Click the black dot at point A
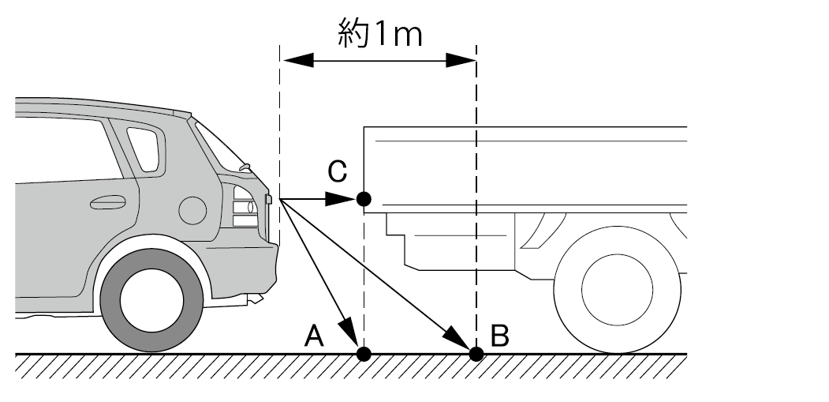[x=363, y=353]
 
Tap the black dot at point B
[x=476, y=353]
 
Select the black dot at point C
[x=363, y=199]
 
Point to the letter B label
[x=499, y=336]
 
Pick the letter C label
[x=337, y=170]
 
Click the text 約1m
[x=379, y=36]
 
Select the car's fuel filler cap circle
[x=192, y=210]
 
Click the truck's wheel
[x=617, y=289]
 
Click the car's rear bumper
[x=263, y=269]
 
